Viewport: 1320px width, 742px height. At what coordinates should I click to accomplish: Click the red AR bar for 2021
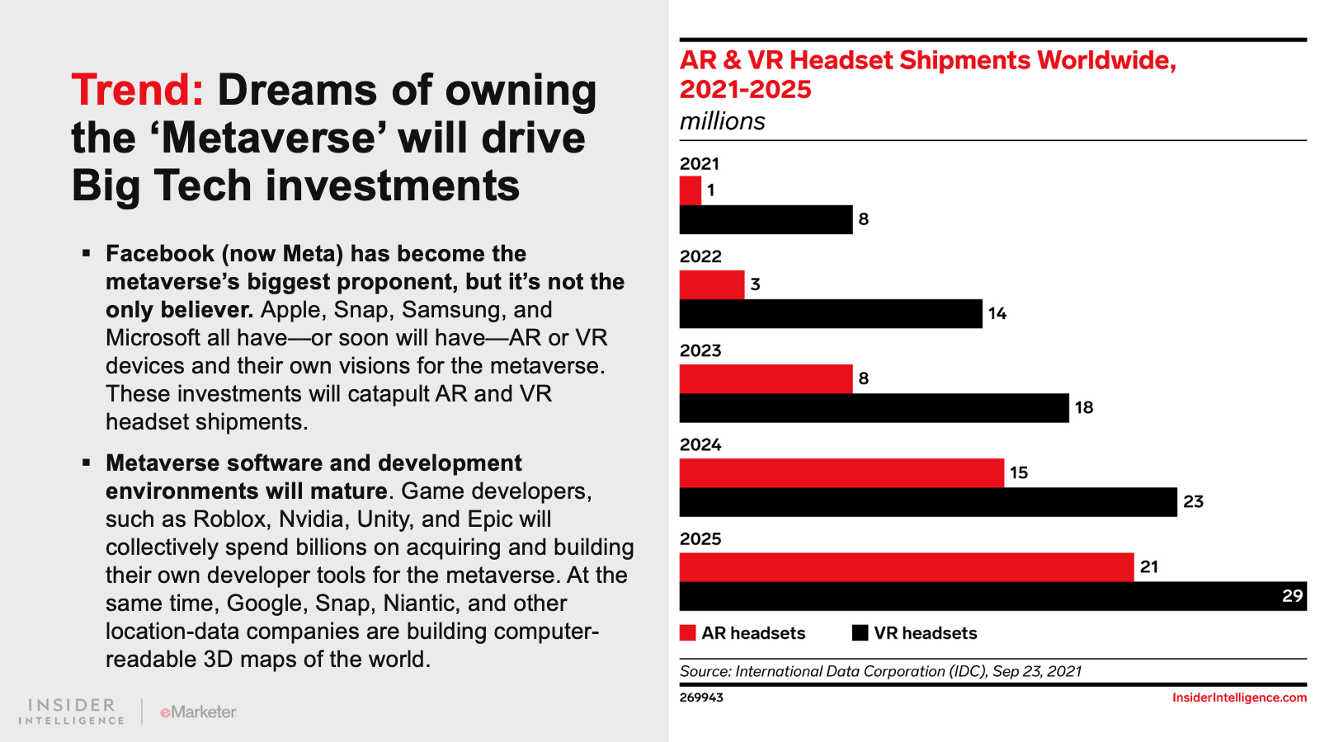click(691, 190)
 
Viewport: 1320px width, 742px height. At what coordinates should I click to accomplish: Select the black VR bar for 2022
click(831, 313)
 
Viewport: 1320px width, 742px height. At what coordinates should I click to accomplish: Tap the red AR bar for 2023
click(766, 378)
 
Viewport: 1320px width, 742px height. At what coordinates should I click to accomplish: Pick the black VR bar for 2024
click(928, 501)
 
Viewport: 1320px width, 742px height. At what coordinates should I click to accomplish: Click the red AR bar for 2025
click(907, 566)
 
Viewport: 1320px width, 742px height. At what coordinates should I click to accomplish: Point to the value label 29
click(1292, 596)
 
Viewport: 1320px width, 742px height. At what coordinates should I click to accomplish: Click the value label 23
click(1193, 501)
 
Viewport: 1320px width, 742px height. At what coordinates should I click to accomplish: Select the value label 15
click(1019, 472)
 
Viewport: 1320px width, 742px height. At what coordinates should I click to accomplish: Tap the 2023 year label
click(700, 350)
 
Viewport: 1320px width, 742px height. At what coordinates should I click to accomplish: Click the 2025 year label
click(700, 538)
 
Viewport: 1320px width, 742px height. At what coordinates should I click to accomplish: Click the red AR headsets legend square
click(688, 633)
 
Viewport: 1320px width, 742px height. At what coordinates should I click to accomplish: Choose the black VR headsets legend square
click(860, 633)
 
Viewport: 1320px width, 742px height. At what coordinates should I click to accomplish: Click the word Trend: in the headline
click(137, 90)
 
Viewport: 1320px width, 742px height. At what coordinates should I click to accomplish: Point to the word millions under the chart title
click(723, 121)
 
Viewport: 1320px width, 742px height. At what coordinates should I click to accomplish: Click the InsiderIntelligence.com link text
click(1239, 697)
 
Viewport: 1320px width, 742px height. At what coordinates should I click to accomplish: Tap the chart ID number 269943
click(701, 697)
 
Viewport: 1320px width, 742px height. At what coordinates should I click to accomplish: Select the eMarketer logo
click(199, 711)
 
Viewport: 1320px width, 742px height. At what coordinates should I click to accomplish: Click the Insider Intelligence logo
click(72, 711)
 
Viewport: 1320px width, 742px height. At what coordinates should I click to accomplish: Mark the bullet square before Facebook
click(87, 253)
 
